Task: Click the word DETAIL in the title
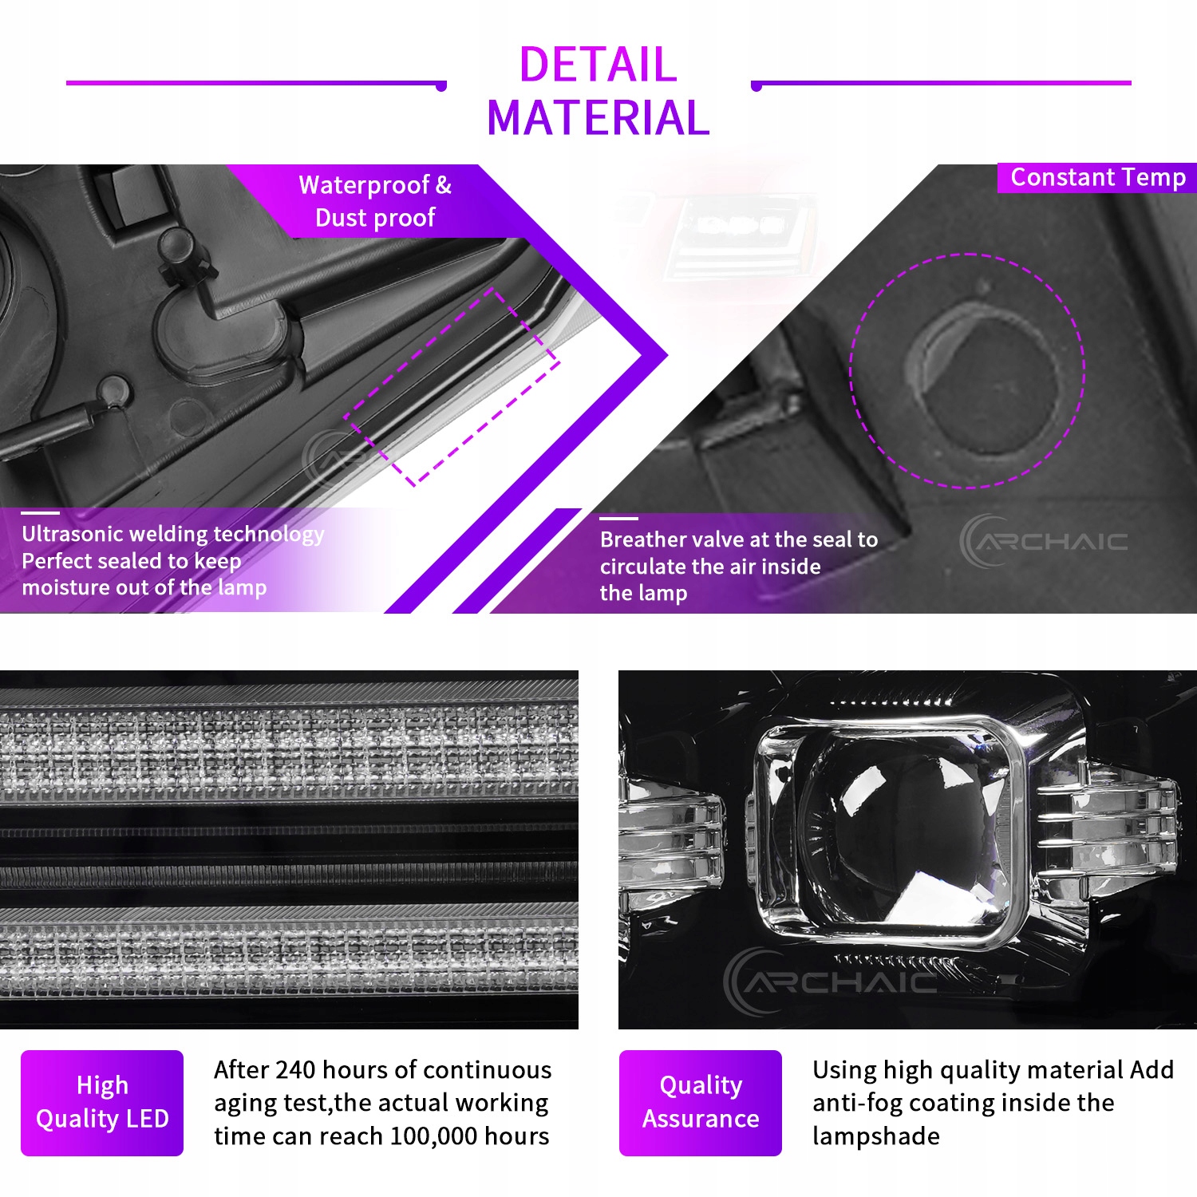598,65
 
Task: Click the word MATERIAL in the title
598,118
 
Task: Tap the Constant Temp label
1098,177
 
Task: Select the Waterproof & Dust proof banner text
375,201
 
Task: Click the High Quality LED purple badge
102,1103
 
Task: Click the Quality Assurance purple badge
701,1103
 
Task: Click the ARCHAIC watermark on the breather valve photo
1043,541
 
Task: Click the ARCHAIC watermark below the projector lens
830,980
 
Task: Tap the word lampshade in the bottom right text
876,1136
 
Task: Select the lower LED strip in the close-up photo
289,950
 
